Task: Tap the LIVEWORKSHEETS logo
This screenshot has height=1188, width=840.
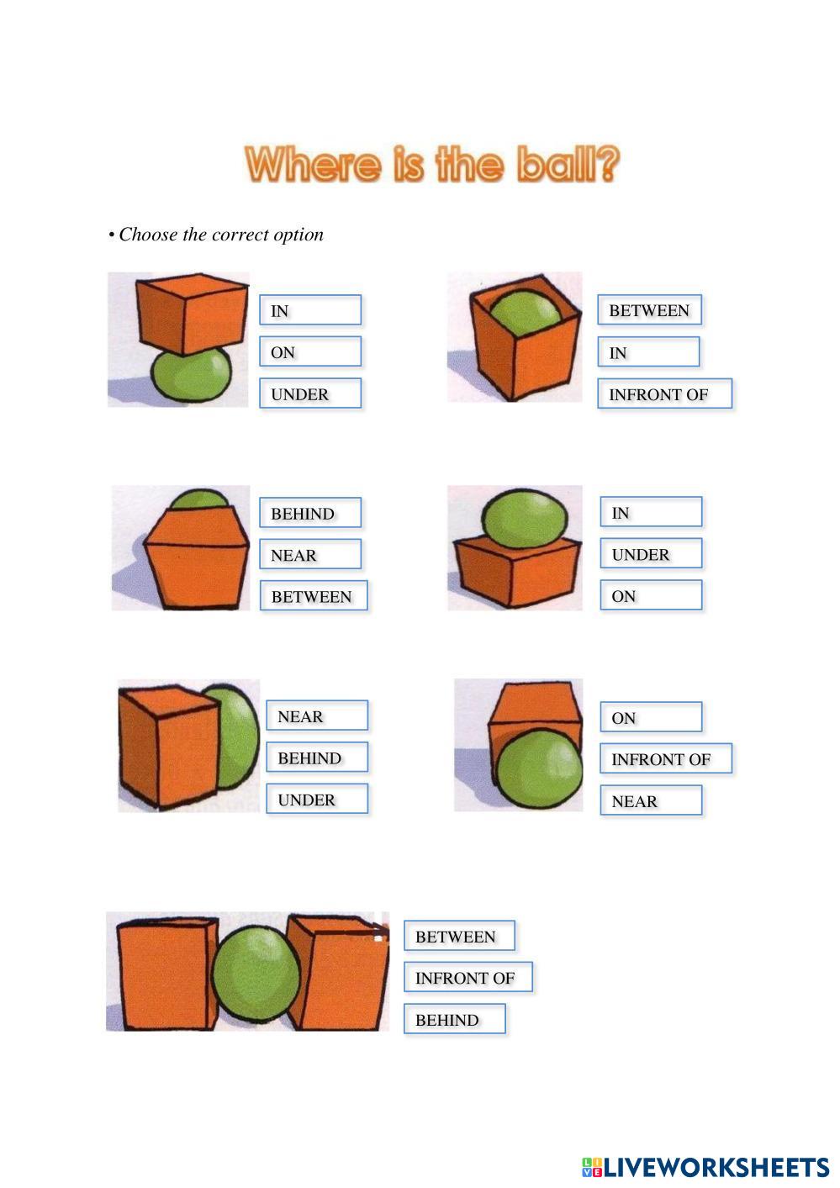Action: click(x=705, y=1167)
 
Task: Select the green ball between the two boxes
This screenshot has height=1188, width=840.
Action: click(x=256, y=974)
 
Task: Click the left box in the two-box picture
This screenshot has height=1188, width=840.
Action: click(x=166, y=974)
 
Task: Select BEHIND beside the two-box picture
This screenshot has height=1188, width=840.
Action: click(x=454, y=1019)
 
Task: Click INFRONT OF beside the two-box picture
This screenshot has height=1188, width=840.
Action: click(x=468, y=977)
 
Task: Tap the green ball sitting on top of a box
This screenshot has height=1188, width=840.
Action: click(x=524, y=518)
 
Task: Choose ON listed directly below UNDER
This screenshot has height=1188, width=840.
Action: click(x=651, y=595)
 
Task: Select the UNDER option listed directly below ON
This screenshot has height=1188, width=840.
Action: click(x=310, y=393)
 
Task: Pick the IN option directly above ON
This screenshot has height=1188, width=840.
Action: click(x=310, y=310)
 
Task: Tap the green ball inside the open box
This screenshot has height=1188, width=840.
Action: click(x=525, y=313)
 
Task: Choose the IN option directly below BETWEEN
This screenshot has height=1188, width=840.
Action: click(x=648, y=352)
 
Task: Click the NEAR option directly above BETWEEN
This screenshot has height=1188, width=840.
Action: click(x=310, y=555)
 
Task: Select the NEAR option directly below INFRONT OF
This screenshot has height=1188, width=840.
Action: click(x=651, y=800)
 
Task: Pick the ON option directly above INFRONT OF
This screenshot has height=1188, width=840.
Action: click(x=651, y=717)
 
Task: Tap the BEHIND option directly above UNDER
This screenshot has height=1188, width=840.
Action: click(x=317, y=758)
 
